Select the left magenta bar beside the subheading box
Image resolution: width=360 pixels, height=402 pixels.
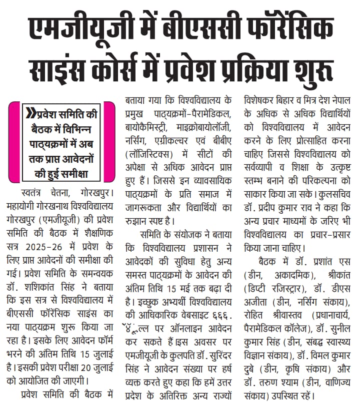[14, 141]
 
